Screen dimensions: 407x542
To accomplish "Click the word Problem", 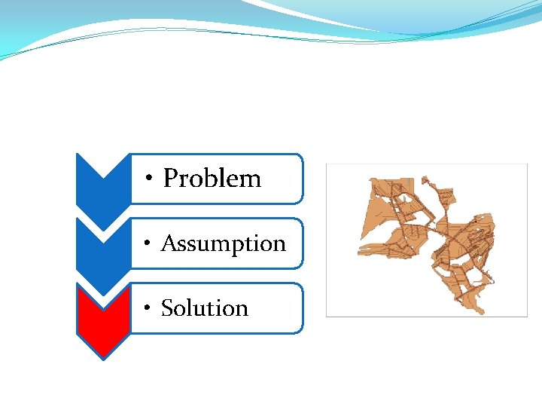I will tap(212, 179).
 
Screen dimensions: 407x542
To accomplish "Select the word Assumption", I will tap(224, 243).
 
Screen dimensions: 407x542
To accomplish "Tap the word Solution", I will tap(205, 308).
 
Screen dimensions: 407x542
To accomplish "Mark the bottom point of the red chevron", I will tap(103, 359).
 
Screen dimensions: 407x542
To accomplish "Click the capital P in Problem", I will tap(171, 179).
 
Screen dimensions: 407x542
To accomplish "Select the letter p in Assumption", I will tap(237, 246).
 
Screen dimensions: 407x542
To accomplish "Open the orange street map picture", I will tap(426, 240).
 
